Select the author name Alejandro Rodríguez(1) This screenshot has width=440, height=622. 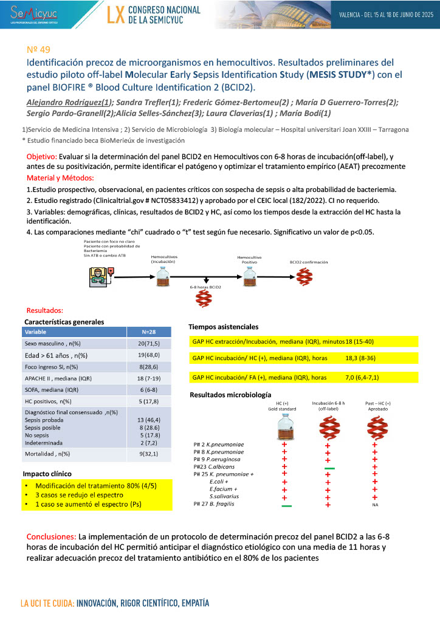tap(67, 103)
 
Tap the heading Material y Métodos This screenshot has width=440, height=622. tap(61, 177)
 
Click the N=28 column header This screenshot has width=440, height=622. tap(148, 332)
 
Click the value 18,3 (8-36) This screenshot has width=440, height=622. tap(362, 359)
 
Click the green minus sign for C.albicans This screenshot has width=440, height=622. tap(329, 468)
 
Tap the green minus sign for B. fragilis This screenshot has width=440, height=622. tap(286, 505)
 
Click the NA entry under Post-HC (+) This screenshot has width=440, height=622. tap(375, 505)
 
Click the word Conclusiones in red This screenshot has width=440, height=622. tap(51, 537)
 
